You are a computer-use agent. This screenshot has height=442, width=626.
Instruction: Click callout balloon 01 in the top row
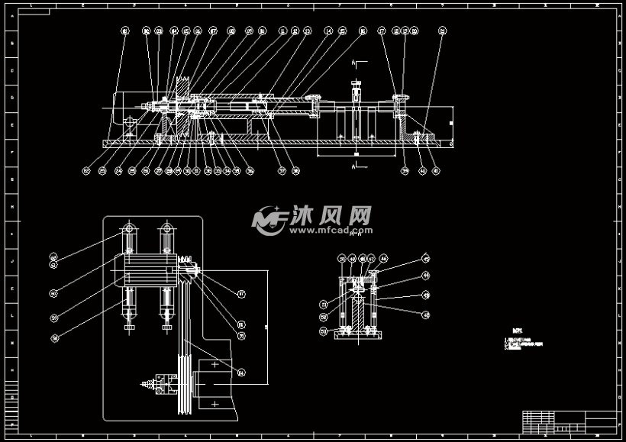click(124, 31)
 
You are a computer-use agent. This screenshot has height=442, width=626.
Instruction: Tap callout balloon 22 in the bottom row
click(86, 171)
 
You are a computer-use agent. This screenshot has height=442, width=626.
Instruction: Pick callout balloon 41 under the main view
click(436, 171)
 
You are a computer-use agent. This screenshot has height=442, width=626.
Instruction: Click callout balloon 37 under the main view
click(282, 171)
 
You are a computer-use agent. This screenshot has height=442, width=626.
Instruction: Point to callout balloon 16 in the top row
click(363, 31)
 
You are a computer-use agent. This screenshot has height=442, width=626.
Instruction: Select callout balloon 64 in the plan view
click(241, 373)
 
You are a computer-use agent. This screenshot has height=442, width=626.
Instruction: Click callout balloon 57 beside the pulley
click(241, 293)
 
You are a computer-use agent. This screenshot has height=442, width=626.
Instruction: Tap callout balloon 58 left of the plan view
click(54, 337)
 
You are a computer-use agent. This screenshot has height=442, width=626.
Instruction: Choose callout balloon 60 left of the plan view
click(54, 293)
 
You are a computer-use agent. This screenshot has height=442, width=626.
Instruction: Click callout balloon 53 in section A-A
click(324, 331)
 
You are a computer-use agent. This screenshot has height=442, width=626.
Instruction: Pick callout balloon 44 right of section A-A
click(426, 275)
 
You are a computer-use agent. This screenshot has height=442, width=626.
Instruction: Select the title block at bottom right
click(570, 421)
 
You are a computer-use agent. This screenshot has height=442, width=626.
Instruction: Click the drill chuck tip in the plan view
click(142, 384)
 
